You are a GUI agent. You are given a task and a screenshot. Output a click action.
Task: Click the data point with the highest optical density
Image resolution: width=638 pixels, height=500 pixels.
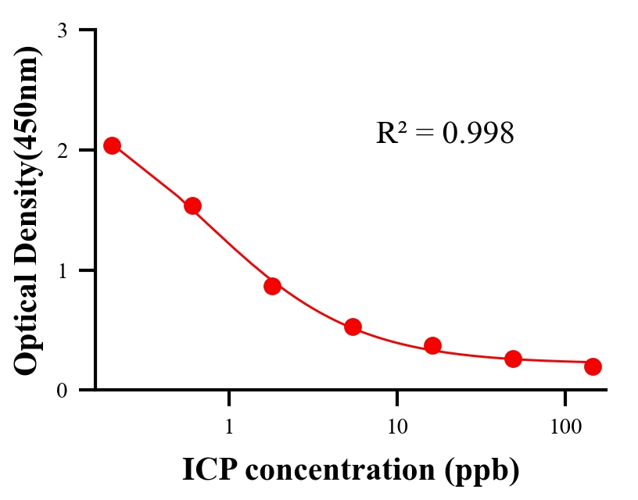(x=112, y=145)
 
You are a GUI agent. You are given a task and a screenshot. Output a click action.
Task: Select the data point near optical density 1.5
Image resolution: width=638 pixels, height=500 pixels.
(x=192, y=206)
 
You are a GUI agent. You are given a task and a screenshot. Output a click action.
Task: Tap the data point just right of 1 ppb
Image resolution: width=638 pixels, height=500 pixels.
(x=272, y=286)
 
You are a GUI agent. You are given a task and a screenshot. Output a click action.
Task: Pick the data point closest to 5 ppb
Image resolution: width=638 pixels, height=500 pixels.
(x=353, y=327)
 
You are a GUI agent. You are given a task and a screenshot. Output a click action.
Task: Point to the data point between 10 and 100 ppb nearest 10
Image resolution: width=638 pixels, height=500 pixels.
(x=432, y=345)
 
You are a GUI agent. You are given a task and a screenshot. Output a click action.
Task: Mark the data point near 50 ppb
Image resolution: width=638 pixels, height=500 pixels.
(x=513, y=359)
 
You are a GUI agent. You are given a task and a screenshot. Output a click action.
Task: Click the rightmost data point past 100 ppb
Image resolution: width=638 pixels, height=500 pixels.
(x=593, y=366)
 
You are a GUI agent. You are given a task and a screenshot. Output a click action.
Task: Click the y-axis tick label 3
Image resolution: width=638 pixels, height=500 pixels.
(x=62, y=31)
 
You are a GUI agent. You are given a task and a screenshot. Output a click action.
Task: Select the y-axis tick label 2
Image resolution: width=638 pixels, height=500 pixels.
(x=62, y=150)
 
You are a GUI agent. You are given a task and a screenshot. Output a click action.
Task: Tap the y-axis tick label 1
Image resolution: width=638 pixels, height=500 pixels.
(x=62, y=270)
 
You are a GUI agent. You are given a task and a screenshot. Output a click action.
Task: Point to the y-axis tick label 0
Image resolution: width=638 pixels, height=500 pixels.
(x=62, y=390)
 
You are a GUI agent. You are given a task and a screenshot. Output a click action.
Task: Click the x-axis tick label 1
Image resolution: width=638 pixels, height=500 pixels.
(x=229, y=427)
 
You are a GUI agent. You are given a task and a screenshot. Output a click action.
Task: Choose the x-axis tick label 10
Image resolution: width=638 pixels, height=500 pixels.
(x=397, y=427)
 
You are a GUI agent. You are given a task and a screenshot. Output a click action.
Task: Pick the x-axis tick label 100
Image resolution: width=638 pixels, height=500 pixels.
(x=565, y=427)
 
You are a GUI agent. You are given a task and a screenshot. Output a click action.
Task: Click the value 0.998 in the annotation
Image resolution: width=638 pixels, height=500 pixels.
(x=478, y=134)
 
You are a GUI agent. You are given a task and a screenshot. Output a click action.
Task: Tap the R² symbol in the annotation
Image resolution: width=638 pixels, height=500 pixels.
(x=390, y=133)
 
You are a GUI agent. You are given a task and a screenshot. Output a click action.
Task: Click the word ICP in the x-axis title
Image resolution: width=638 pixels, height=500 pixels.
(x=207, y=470)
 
